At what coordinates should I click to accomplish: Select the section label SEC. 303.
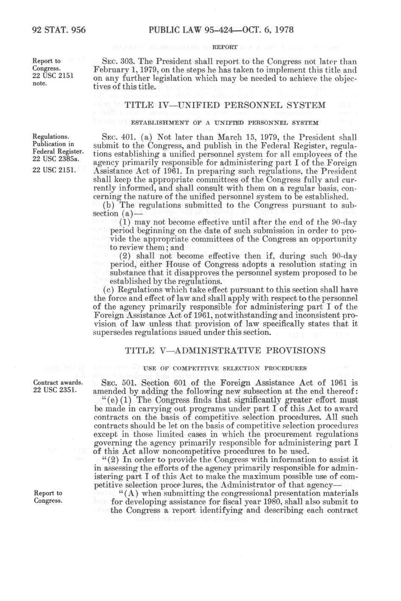113,61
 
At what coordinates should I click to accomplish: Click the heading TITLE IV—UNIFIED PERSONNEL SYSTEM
226,105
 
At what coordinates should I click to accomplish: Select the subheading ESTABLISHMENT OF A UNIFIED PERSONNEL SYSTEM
225,123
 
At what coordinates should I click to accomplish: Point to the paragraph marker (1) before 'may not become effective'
126,222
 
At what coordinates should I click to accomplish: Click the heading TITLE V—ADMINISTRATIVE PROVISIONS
226,350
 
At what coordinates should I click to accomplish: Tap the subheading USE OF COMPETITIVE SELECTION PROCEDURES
225,368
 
